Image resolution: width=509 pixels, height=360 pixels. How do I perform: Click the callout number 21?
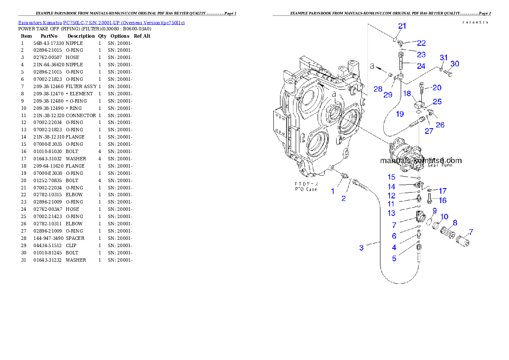coord(402,26)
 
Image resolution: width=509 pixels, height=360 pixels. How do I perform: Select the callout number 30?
coord(455,64)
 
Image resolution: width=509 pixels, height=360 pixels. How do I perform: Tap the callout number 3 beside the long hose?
coord(361,248)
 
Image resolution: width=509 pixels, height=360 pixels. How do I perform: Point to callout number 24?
coord(421,66)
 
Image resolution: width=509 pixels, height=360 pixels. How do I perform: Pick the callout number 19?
coord(400,114)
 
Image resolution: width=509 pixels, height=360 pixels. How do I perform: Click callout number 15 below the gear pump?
coord(391,177)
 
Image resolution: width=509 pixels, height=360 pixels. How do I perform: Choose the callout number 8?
coord(455,223)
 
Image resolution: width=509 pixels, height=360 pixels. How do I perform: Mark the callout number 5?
coord(394,258)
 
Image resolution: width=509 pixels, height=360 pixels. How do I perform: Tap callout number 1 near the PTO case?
coord(333,191)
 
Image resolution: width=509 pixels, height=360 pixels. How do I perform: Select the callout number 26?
coord(440,125)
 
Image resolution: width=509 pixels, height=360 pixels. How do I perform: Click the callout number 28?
coord(377,89)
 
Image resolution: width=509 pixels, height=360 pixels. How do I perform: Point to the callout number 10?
coord(444,217)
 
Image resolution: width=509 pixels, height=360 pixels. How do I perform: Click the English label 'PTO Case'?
coord(306,189)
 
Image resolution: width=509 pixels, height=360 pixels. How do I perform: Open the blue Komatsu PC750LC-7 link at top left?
coord(101,23)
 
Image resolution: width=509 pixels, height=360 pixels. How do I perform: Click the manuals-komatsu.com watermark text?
coord(421,161)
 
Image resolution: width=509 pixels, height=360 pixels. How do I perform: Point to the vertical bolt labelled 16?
coord(429,198)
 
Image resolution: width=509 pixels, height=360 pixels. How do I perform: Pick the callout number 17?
coord(443,191)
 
